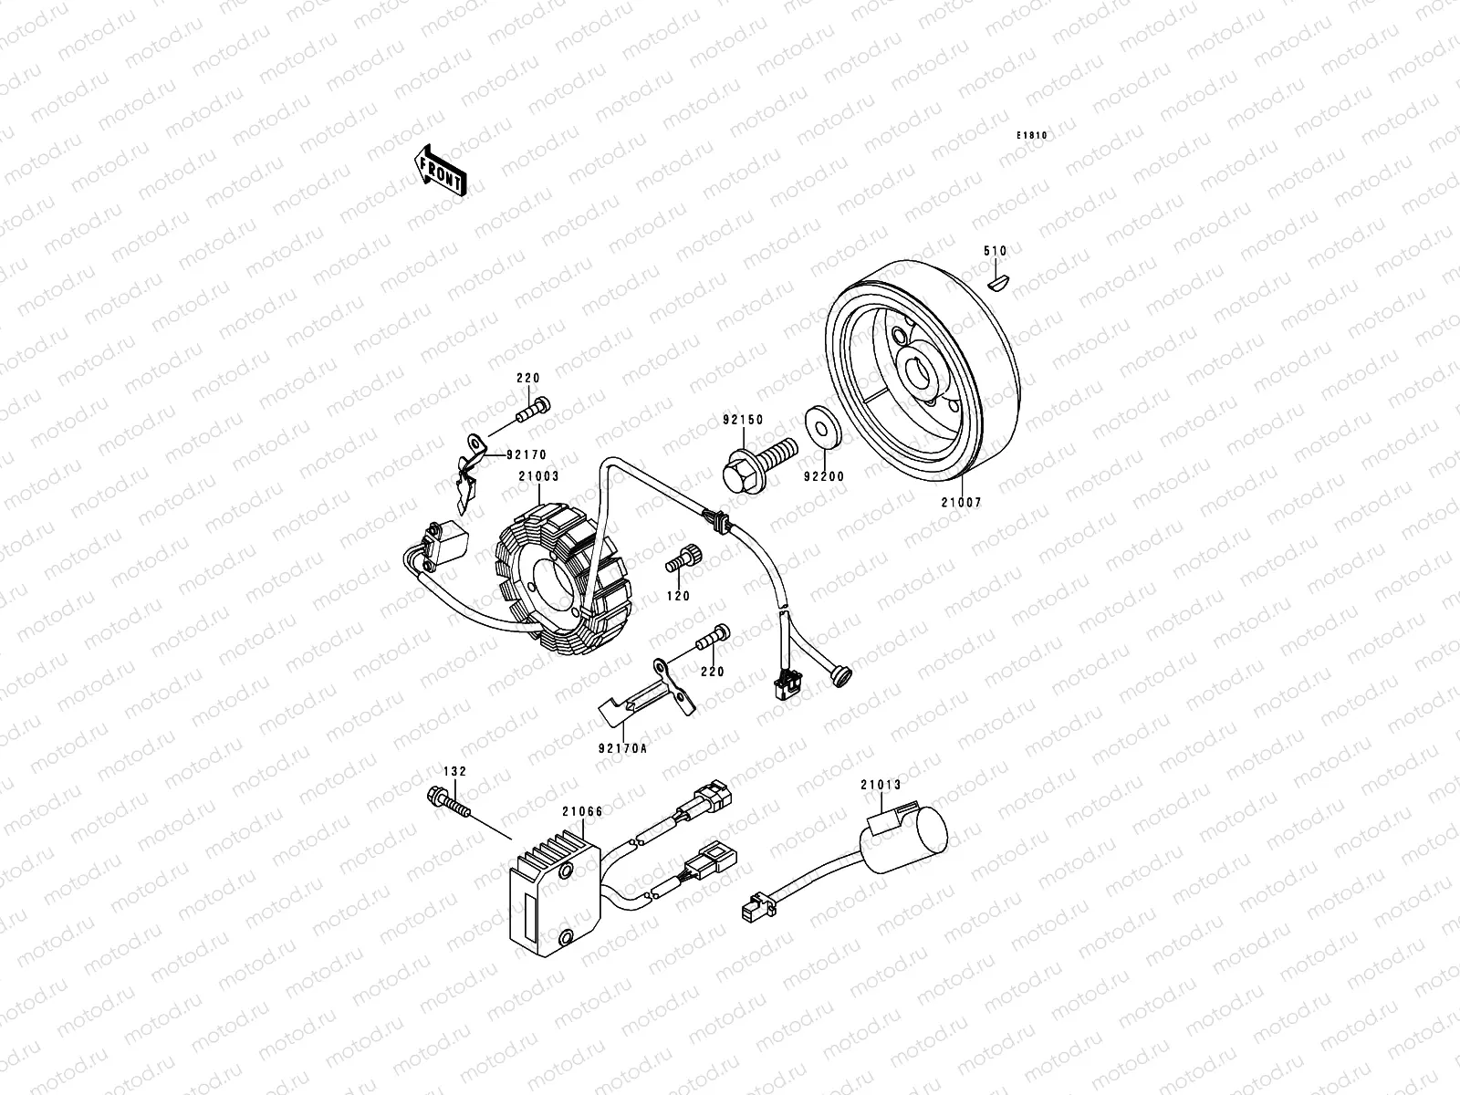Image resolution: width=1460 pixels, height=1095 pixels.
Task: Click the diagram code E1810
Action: (1034, 136)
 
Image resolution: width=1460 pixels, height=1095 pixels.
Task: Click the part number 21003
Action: (538, 475)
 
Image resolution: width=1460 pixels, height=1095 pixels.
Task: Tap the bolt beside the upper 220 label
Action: (535, 412)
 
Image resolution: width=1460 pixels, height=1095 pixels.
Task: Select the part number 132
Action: (455, 771)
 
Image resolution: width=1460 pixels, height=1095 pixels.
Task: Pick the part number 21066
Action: (581, 811)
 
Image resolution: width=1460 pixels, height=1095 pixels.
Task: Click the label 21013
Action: (880, 784)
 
